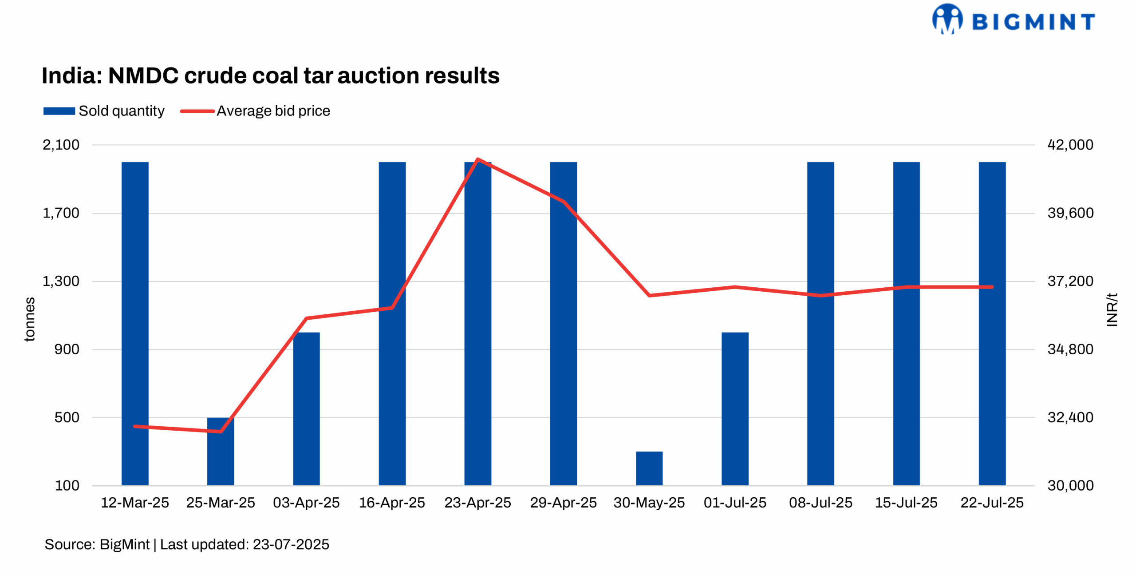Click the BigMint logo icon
tap(947, 19)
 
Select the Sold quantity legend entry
tap(104, 111)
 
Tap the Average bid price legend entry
tap(255, 111)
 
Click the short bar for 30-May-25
tap(649, 468)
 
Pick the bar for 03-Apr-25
tap(306, 408)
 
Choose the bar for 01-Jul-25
tap(735, 408)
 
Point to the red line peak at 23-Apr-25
tap(477, 159)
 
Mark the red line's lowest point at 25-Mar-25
tap(221, 431)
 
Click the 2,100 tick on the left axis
tap(61, 145)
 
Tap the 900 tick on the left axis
tap(67, 349)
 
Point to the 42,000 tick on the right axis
tap(1070, 145)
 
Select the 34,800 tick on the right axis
tap(1070, 349)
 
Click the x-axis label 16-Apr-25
tap(392, 503)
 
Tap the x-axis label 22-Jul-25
tap(992, 503)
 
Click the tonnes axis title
tap(29, 319)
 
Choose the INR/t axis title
tap(1112, 310)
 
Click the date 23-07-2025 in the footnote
tap(291, 544)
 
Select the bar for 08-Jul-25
tap(820, 324)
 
